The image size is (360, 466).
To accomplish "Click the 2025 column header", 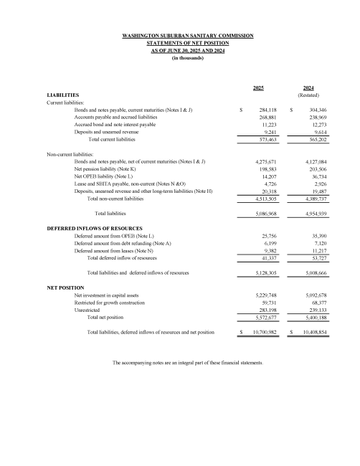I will (x=259, y=87).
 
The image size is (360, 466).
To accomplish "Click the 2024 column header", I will (x=308, y=87).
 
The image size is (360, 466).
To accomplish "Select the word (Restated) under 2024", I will (x=308, y=95).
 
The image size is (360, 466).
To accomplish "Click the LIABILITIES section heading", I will (x=63, y=95).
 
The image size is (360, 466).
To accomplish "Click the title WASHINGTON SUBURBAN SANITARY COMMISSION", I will (x=189, y=35).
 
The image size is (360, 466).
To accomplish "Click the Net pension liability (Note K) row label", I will (x=110, y=169).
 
